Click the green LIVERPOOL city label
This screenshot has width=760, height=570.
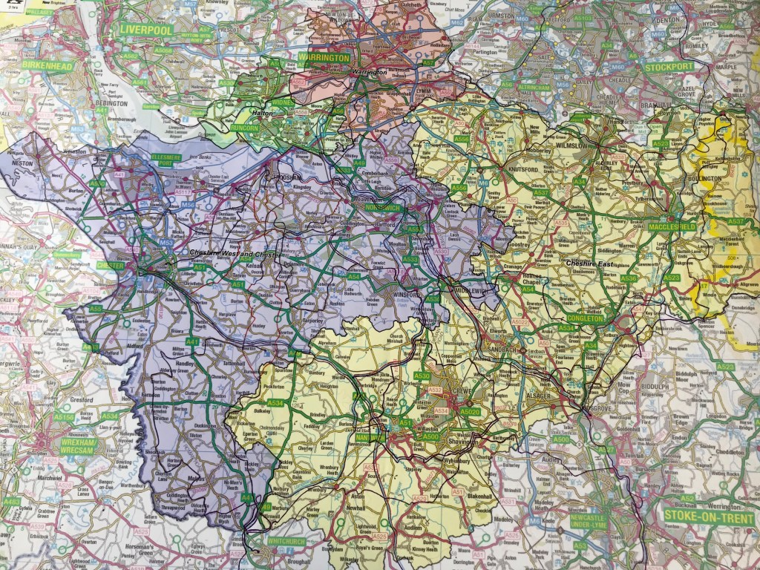tap(145, 30)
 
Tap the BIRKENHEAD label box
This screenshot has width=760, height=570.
tap(47, 65)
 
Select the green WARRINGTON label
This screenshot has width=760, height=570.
tap(324, 57)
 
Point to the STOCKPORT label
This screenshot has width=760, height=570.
tap(669, 66)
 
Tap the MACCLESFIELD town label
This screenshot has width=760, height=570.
tap(671, 225)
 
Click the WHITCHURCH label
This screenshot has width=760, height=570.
tap(286, 541)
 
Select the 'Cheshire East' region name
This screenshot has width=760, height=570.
tap(587, 263)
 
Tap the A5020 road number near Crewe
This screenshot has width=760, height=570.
tap(470, 410)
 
